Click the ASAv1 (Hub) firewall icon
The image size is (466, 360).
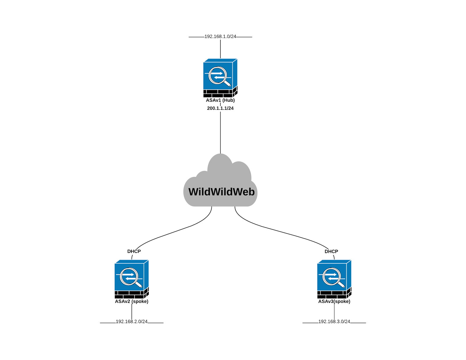(x=220, y=77)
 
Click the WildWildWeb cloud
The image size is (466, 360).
(x=220, y=186)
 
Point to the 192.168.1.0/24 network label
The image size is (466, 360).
(x=220, y=37)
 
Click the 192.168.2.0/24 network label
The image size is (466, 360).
(x=132, y=322)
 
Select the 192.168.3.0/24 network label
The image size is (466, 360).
(x=334, y=322)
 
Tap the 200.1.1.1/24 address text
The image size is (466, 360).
(x=220, y=108)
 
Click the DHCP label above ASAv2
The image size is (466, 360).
(x=134, y=251)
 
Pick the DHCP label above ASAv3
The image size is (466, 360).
(x=331, y=251)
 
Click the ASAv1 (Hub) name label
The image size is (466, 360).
(x=220, y=100)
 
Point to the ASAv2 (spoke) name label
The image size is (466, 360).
(x=132, y=302)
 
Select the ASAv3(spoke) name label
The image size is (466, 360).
(x=334, y=302)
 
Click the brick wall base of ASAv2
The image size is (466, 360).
(x=130, y=295)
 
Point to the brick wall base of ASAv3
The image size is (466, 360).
(x=332, y=295)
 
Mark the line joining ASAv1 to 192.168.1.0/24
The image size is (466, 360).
(x=220, y=49)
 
